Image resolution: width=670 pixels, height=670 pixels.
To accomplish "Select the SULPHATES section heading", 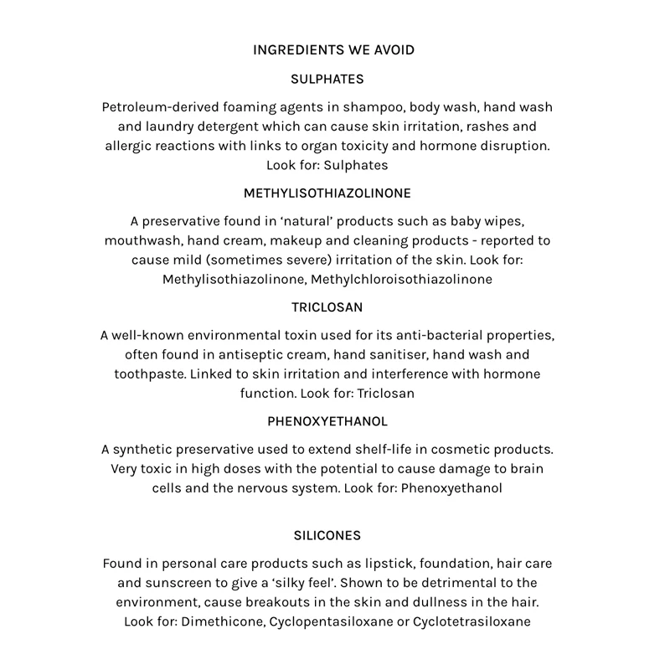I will pyautogui.click(x=327, y=80).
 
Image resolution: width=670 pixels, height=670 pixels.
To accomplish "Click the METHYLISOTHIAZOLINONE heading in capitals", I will pyautogui.click(x=327, y=193).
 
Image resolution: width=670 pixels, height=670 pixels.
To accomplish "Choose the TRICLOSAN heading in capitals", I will pyautogui.click(x=327, y=307).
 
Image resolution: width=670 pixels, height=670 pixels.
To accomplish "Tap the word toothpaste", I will pyautogui.click(x=148, y=374).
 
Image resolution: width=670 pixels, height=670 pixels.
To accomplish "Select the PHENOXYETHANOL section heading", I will pyautogui.click(x=327, y=421).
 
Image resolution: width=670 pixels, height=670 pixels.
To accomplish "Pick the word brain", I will pyautogui.click(x=527, y=469).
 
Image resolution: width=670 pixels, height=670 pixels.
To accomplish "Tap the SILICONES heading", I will pyautogui.click(x=327, y=535).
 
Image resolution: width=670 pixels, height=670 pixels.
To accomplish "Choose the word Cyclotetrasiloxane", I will pyautogui.click(x=472, y=622).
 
